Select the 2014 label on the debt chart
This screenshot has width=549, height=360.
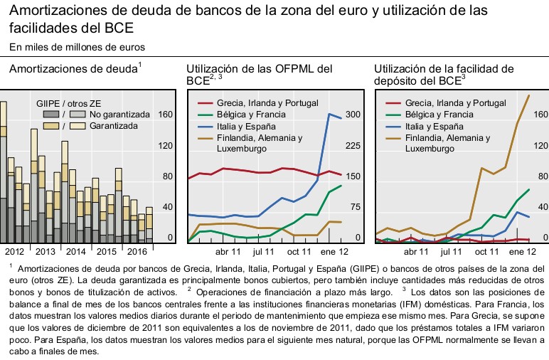click(77, 251)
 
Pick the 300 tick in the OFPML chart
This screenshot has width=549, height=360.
click(353, 115)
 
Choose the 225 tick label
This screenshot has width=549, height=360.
click(353, 146)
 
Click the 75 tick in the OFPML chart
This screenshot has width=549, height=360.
click(353, 207)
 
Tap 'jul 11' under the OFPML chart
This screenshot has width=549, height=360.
click(263, 251)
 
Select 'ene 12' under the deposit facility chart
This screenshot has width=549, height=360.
click(522, 251)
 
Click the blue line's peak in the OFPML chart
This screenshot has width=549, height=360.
click(329, 114)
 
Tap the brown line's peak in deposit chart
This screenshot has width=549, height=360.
click(529, 95)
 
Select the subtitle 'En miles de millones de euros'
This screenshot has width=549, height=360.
click(77, 47)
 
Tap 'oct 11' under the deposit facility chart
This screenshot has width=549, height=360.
click(486, 251)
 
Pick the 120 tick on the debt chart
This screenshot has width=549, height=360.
click(165, 146)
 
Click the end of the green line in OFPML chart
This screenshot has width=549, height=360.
click(341, 186)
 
